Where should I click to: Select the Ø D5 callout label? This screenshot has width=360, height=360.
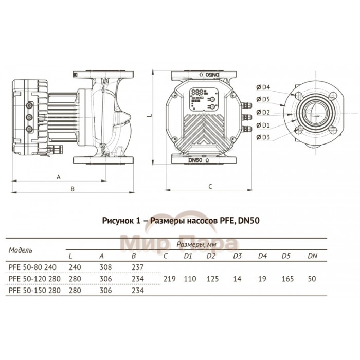coord(264,99)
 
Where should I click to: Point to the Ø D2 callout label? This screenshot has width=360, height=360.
coord(264,112)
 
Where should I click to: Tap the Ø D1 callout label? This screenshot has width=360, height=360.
coord(264,124)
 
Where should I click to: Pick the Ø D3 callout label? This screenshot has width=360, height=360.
coord(264,137)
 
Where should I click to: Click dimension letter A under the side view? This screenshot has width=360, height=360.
coord(59,176)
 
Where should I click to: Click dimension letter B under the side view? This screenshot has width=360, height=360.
coord(73,189)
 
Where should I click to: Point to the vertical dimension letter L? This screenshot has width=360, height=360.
coord(149,117)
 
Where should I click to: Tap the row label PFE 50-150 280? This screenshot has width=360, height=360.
coord(34,290)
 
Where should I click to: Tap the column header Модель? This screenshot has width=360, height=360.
coord(21,250)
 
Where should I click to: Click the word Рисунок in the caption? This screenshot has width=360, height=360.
coord(118,221)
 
